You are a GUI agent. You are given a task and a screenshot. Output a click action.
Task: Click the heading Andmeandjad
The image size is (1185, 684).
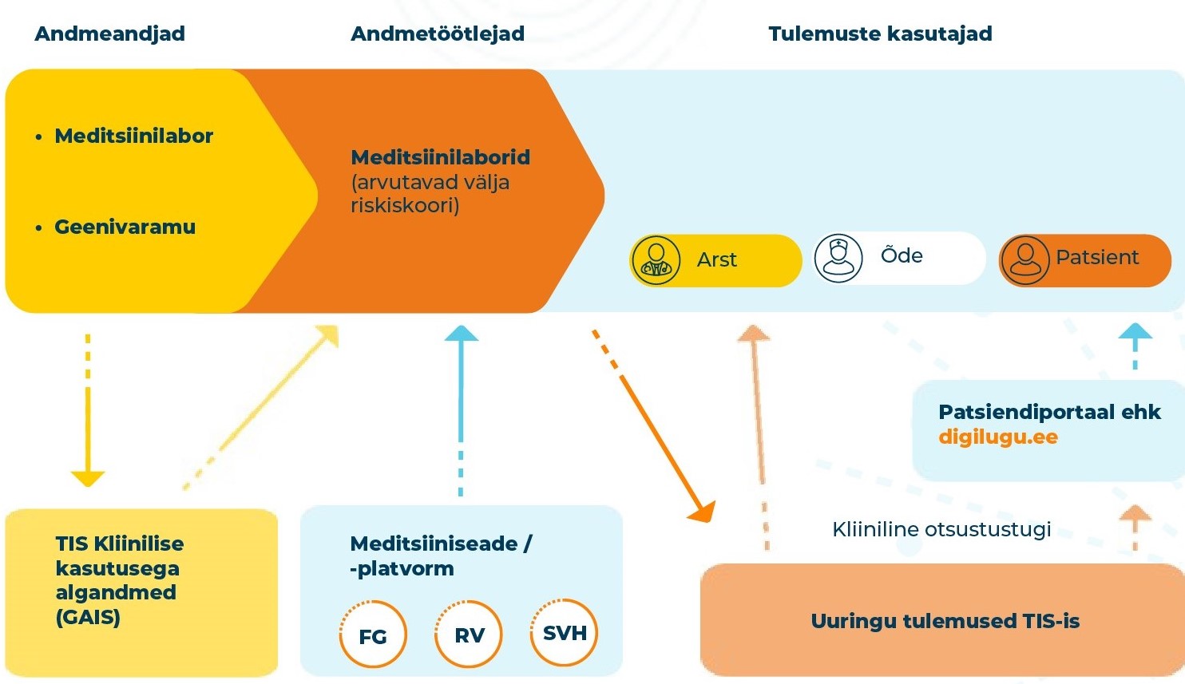(110, 34)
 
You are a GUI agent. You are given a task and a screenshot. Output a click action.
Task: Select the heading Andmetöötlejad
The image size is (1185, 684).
(438, 34)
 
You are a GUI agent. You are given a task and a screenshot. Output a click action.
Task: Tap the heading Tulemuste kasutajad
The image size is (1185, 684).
(880, 34)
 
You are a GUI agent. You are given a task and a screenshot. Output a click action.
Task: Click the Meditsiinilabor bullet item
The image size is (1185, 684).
(133, 136)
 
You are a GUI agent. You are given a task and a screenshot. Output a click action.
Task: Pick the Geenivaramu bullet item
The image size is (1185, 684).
(125, 227)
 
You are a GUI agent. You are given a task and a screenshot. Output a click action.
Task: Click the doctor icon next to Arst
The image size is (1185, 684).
(656, 260)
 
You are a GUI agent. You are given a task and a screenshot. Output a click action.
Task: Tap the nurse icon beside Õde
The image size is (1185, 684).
(838, 258)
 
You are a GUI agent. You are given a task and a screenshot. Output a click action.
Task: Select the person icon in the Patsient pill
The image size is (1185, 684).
(1025, 260)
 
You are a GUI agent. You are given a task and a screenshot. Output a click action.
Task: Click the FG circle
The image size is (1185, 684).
(373, 635)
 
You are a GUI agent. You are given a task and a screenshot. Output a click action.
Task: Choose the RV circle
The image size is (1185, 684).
(470, 635)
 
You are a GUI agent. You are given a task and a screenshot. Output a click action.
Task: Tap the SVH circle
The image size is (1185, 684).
(565, 633)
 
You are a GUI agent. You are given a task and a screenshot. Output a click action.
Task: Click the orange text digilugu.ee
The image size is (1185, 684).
(998, 437)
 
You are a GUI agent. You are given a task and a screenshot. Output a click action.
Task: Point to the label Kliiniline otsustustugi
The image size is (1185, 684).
(941, 529)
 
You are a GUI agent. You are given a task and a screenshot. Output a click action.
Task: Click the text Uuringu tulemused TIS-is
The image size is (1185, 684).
(945, 621)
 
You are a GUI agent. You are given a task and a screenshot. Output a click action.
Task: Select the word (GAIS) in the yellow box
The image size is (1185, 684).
(88, 617)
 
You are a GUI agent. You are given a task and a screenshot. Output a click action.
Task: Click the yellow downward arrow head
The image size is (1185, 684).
(88, 478)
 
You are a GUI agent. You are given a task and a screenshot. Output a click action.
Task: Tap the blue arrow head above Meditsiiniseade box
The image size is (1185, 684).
(461, 334)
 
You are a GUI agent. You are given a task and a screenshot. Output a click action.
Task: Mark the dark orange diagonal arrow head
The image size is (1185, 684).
(703, 512)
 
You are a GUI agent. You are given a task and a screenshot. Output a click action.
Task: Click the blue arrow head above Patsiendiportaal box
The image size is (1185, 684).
(1135, 333)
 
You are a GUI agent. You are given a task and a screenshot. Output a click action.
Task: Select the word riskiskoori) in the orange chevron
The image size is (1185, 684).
(405, 206)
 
